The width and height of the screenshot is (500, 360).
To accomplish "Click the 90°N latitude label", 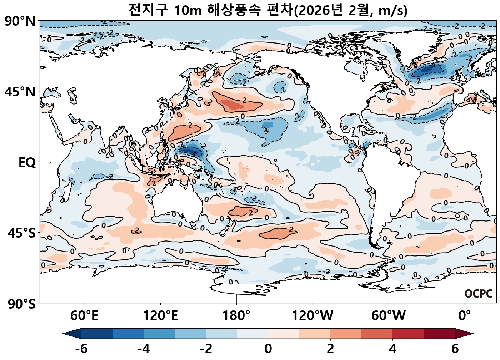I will [x=20, y=21].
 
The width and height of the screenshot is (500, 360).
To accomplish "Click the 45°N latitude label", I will [x=20, y=92].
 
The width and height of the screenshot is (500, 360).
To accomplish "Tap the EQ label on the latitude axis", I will [x=27, y=163].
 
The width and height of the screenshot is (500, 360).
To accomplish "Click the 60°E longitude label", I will [x=84, y=316].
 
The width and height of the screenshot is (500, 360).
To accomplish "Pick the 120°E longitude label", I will [x=160, y=316].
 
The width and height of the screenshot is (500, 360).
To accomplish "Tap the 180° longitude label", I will [x=236, y=316].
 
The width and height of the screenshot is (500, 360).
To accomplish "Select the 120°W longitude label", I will [x=312, y=316].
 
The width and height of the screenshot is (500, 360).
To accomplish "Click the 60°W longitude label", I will [x=389, y=316].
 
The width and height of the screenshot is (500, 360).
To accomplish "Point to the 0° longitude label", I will [x=465, y=316].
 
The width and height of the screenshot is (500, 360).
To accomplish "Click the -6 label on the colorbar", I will [x=81, y=349].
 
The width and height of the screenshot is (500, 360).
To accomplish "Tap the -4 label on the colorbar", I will [x=144, y=349].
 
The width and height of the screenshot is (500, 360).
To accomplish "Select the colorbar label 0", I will [x=268, y=349].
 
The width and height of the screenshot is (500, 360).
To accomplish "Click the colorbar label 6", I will [x=455, y=349].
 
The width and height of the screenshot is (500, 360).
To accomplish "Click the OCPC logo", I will [x=479, y=294].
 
